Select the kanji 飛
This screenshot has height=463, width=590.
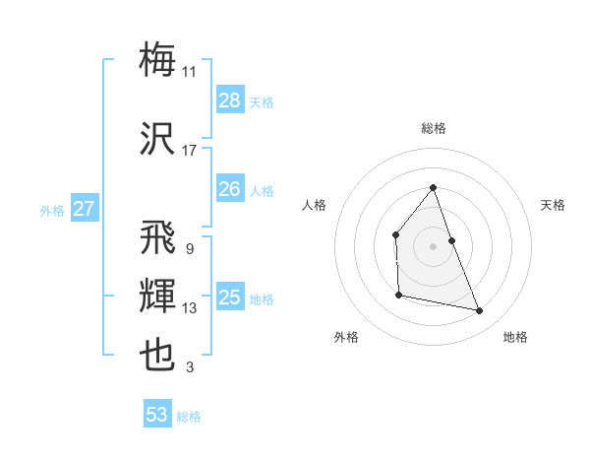[158, 236]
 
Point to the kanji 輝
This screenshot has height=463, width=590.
[158, 296]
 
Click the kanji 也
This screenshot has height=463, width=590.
[158, 356]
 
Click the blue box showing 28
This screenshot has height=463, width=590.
[230, 100]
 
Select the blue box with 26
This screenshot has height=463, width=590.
[230, 189]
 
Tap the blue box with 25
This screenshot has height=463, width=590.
[230, 298]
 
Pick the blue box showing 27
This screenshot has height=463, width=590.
[84, 209]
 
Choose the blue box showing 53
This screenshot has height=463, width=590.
[157, 415]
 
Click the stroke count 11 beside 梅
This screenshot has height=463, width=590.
[190, 72]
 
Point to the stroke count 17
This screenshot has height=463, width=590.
[190, 151]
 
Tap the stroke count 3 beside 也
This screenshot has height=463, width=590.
[190, 368]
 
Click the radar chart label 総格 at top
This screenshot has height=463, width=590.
[433, 128]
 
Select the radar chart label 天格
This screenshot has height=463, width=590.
[553, 205]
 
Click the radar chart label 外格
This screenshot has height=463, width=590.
[346, 337]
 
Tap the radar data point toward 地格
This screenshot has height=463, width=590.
[480, 311]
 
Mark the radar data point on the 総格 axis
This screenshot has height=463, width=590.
[433, 187]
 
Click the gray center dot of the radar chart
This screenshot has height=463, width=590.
[433, 246]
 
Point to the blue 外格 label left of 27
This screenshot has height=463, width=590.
[52, 210]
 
